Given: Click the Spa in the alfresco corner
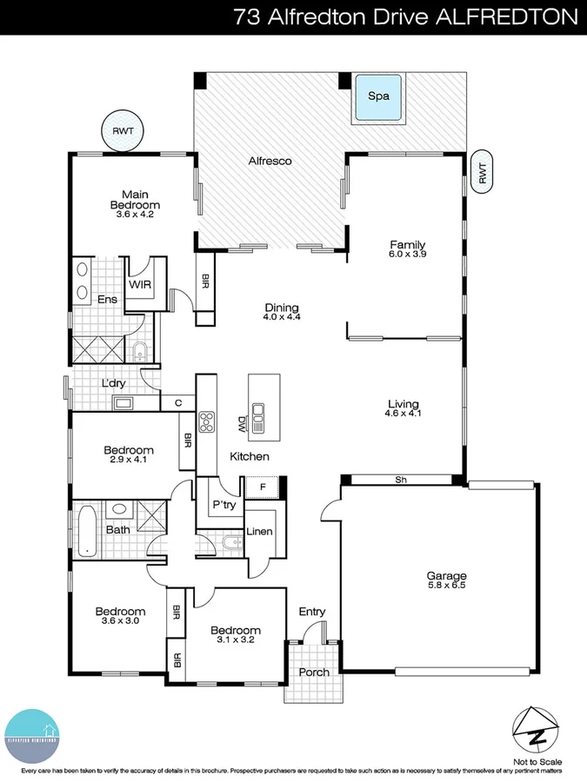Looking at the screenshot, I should click(377, 98).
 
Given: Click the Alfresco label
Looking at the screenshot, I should click(270, 161).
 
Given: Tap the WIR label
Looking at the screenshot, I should click(141, 284).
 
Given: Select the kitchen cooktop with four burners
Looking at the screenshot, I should click(207, 421).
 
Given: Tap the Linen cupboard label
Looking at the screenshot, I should click(260, 532).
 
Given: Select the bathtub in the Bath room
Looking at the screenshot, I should click(86, 531).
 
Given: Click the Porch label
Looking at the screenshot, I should click(314, 673).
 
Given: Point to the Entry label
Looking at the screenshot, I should click(312, 612).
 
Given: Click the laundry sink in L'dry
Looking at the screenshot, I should click(123, 402).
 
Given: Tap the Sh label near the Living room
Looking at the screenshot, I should click(401, 479).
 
